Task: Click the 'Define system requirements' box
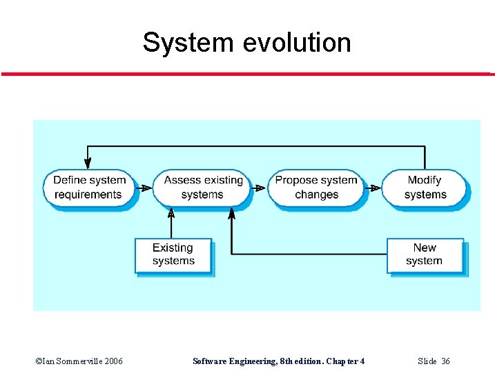(89, 188)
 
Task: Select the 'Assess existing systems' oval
(203, 188)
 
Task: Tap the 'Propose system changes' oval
(316, 188)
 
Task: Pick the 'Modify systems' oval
(424, 188)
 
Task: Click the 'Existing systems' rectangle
(173, 254)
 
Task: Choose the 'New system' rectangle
(424, 254)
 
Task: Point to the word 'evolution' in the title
(297, 43)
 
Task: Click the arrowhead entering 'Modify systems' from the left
(376, 188)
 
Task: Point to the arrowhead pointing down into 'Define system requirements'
(88, 163)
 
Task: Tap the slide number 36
(446, 361)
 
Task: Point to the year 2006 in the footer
(110, 361)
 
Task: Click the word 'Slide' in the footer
(427, 361)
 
